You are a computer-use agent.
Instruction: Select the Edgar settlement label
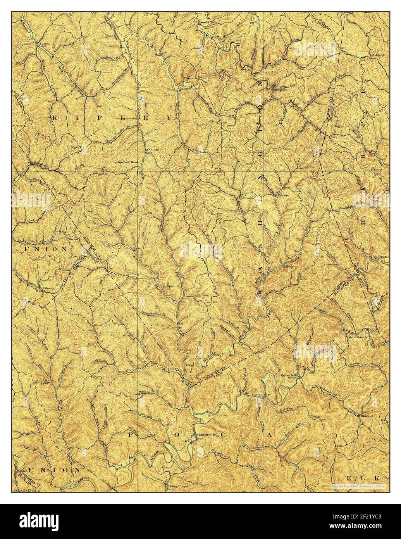75,147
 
